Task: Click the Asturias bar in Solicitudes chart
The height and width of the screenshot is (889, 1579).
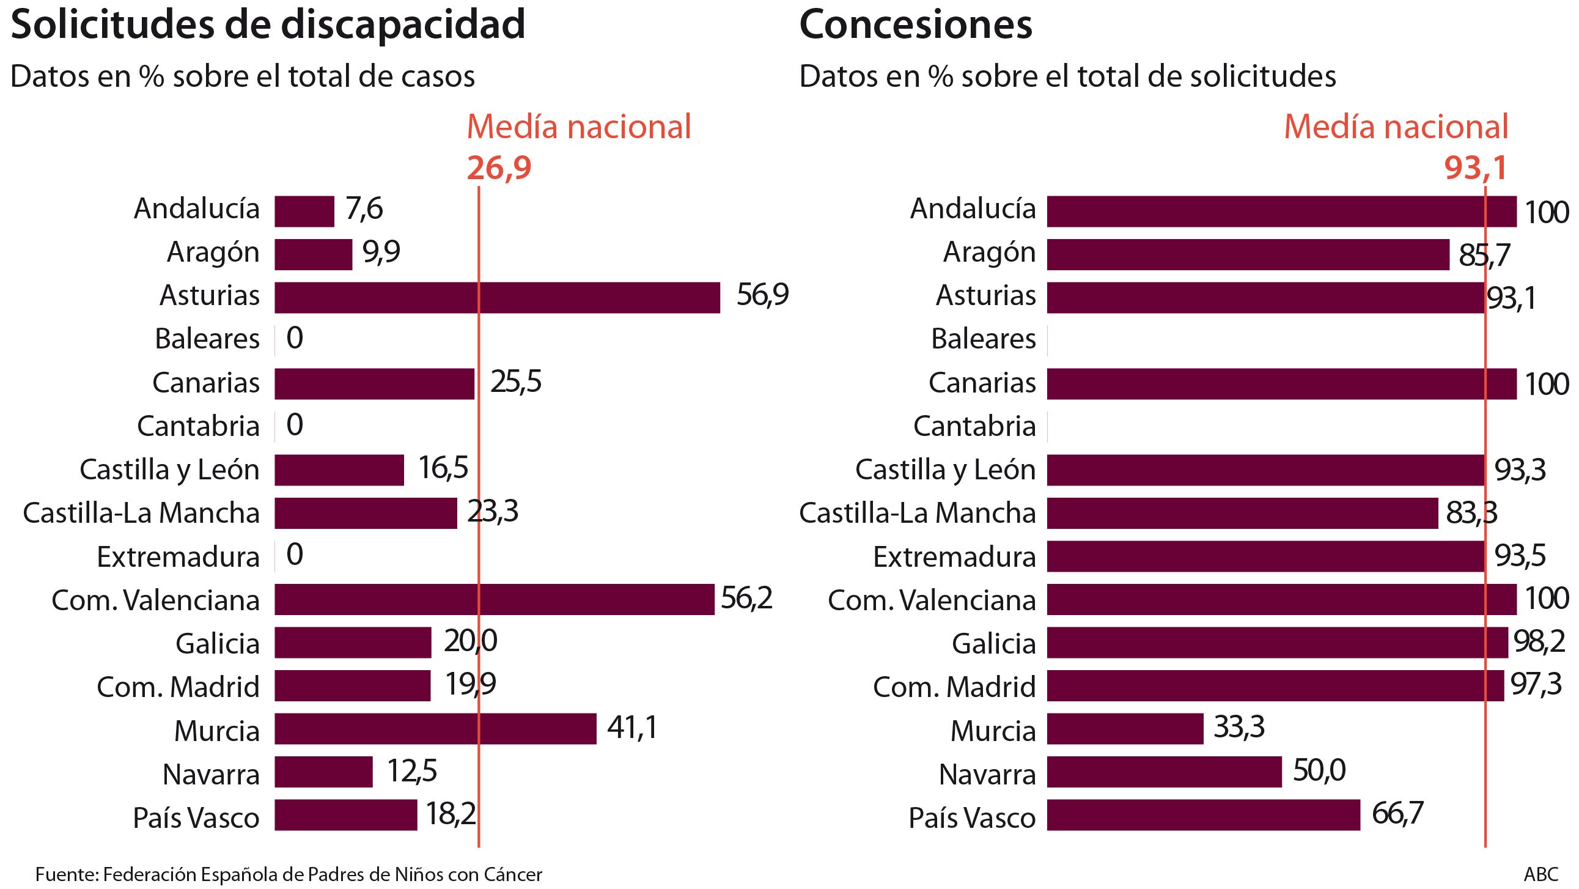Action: (x=496, y=297)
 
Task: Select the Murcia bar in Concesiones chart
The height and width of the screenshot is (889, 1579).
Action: (x=1125, y=728)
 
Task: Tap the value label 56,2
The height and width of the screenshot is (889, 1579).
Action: (x=746, y=598)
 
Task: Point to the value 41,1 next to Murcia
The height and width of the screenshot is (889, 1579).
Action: (x=631, y=727)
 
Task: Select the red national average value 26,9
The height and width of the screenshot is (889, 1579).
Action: (x=499, y=168)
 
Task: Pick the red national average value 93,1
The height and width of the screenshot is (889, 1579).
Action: (x=1475, y=168)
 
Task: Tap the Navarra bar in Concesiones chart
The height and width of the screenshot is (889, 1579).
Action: (x=1164, y=771)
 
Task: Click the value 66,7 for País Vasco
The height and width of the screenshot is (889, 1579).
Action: (x=1397, y=813)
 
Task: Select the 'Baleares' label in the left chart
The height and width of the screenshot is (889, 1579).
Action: (x=207, y=339)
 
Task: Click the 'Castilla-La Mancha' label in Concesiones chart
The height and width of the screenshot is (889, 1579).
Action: (x=917, y=512)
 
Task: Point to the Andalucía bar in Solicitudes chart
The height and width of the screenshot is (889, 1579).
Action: (x=304, y=211)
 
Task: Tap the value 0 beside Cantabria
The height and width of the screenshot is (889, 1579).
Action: (x=294, y=424)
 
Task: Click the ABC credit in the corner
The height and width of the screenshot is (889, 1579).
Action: (x=1540, y=874)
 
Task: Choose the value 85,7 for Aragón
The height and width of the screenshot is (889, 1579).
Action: (x=1484, y=254)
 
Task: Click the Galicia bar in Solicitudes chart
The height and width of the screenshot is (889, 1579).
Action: (x=353, y=642)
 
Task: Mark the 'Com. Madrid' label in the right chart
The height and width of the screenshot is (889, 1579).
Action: (x=954, y=686)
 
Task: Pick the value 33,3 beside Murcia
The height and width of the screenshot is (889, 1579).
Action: (x=1238, y=726)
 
